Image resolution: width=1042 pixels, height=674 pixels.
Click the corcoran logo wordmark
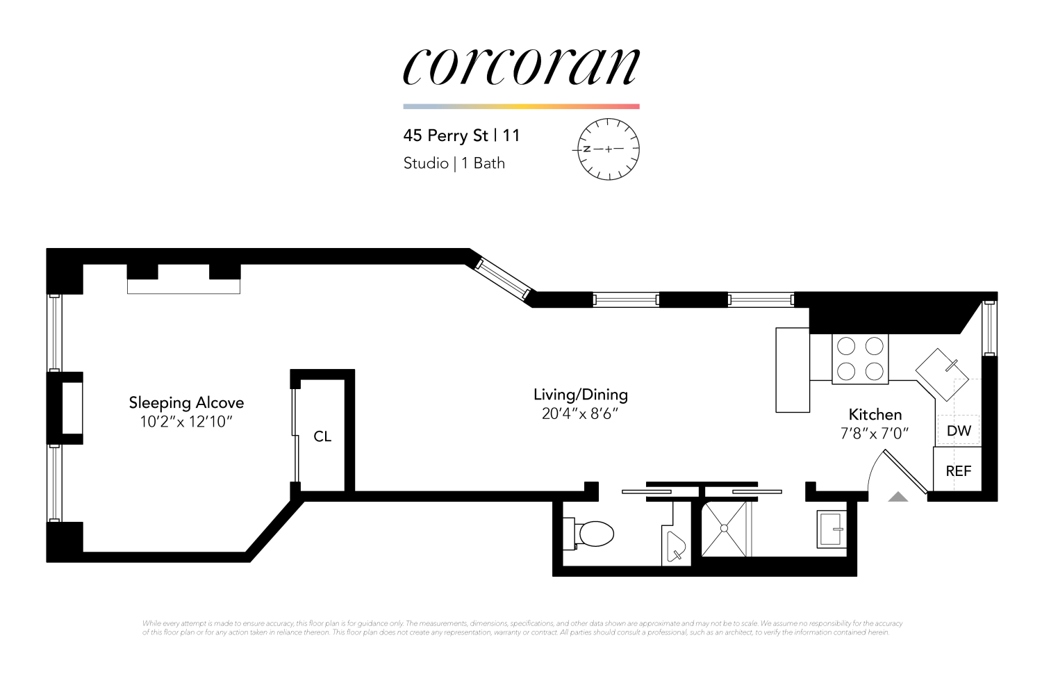521,67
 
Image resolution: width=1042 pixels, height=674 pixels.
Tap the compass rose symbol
609,149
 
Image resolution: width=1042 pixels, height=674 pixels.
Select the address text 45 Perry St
446,135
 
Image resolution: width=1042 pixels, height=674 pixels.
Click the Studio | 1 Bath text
454,163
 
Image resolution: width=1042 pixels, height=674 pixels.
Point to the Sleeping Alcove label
186,403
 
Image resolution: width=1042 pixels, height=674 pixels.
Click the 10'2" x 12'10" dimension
186,422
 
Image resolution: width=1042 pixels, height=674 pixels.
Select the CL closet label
322,436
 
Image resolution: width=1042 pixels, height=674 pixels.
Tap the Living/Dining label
581,395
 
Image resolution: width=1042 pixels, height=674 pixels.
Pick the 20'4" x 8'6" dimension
581,414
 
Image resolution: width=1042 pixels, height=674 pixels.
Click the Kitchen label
875,415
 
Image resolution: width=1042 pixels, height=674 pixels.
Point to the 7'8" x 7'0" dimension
875,434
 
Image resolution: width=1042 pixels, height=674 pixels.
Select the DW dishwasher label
959,431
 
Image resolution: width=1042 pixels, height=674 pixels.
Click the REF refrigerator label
959,471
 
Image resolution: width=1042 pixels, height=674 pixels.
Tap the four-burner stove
860,359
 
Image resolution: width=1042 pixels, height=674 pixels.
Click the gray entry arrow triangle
898,497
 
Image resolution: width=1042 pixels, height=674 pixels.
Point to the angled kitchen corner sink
941,374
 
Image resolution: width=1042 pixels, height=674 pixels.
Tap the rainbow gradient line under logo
521,106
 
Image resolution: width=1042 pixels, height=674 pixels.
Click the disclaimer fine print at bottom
521,628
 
